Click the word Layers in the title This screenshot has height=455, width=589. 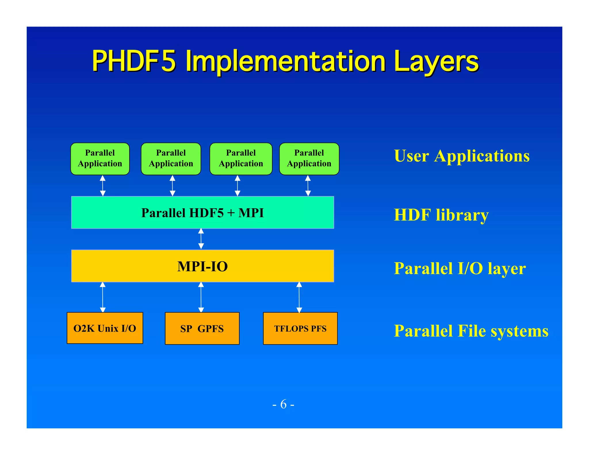[436, 61]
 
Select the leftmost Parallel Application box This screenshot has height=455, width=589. [100, 158]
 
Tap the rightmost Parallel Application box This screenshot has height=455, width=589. [309, 158]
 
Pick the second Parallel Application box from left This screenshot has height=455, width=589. [171, 158]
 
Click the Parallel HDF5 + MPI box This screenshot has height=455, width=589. [202, 213]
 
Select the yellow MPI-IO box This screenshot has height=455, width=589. [202, 266]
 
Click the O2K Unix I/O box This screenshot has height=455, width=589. [105, 328]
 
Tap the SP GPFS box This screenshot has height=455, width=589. [202, 328]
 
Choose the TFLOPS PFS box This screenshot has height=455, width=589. [300, 328]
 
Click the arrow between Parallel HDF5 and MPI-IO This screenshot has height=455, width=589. [201, 239]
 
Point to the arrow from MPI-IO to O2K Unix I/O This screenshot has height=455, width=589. [103, 297]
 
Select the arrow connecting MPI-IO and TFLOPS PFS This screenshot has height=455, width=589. [299, 297]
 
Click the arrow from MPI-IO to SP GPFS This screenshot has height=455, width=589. [201, 297]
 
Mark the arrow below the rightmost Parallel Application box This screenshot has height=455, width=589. [308, 186]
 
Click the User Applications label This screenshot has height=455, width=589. [462, 156]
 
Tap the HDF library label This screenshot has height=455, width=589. [441, 215]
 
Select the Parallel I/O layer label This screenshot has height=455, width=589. [460, 268]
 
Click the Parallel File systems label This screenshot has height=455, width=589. [471, 331]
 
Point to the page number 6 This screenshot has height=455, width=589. [284, 404]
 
